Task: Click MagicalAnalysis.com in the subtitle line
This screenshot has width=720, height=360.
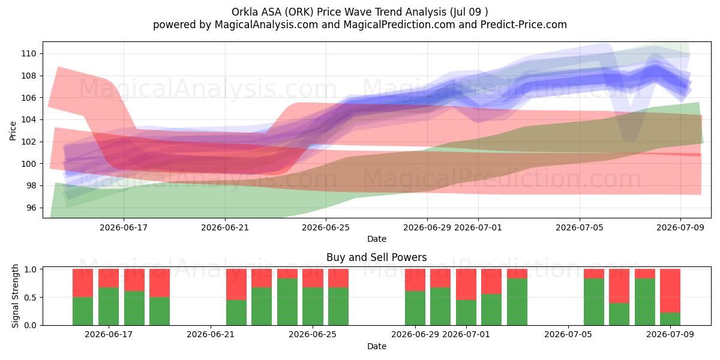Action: coord(266,25)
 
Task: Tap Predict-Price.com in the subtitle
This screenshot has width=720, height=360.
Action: coord(524,25)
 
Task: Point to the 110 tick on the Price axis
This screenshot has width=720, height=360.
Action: coord(29,53)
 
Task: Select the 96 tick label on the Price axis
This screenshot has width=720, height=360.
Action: coord(31,208)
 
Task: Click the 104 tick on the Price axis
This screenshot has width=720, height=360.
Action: coord(29,120)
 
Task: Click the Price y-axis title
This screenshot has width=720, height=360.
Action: coord(13,131)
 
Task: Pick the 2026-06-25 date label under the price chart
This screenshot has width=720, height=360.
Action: coord(326,227)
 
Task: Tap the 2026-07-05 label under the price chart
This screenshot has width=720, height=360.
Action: coord(580,227)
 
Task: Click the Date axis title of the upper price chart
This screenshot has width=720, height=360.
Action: coord(377,239)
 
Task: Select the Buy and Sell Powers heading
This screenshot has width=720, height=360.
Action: coord(376,257)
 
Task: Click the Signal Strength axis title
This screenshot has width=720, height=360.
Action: coord(15,296)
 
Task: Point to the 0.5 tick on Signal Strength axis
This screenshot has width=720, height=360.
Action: coord(31,298)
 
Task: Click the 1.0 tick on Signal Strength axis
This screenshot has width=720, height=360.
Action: coord(31,269)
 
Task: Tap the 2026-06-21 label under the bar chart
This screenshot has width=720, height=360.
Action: coord(211,334)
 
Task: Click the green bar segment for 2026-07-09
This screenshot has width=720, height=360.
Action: coord(670,319)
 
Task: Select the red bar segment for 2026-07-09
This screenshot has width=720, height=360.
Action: coord(670,290)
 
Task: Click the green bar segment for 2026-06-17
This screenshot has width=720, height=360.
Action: coord(109,307)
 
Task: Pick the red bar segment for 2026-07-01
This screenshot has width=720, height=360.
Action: coord(466,284)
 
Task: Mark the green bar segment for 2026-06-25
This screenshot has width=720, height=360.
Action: coord(313,307)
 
